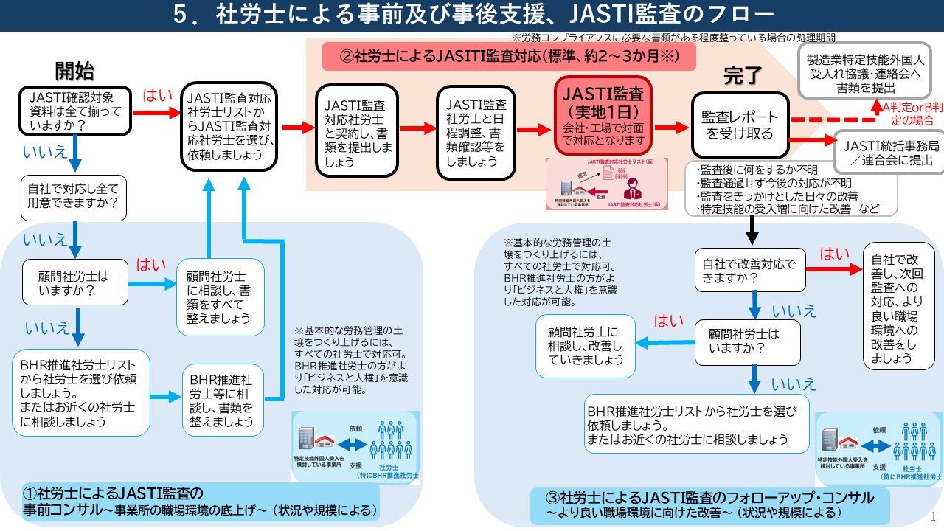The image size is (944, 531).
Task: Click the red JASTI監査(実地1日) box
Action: point(603,115)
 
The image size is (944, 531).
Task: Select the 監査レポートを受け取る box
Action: point(739,125)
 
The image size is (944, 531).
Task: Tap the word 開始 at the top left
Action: point(74,71)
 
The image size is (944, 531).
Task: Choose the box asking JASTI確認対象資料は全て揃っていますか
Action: point(74,112)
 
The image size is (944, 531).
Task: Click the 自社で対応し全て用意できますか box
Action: point(73,197)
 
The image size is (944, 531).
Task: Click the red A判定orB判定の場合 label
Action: point(908,115)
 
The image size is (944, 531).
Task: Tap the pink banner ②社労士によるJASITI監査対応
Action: point(509,55)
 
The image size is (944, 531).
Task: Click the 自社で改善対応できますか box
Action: point(747,269)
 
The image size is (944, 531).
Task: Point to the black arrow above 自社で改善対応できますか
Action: point(752,231)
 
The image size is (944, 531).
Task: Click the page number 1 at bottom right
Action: point(933,516)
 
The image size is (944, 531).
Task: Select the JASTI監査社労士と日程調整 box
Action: point(476,133)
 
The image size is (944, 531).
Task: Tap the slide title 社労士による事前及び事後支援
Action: point(472,15)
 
